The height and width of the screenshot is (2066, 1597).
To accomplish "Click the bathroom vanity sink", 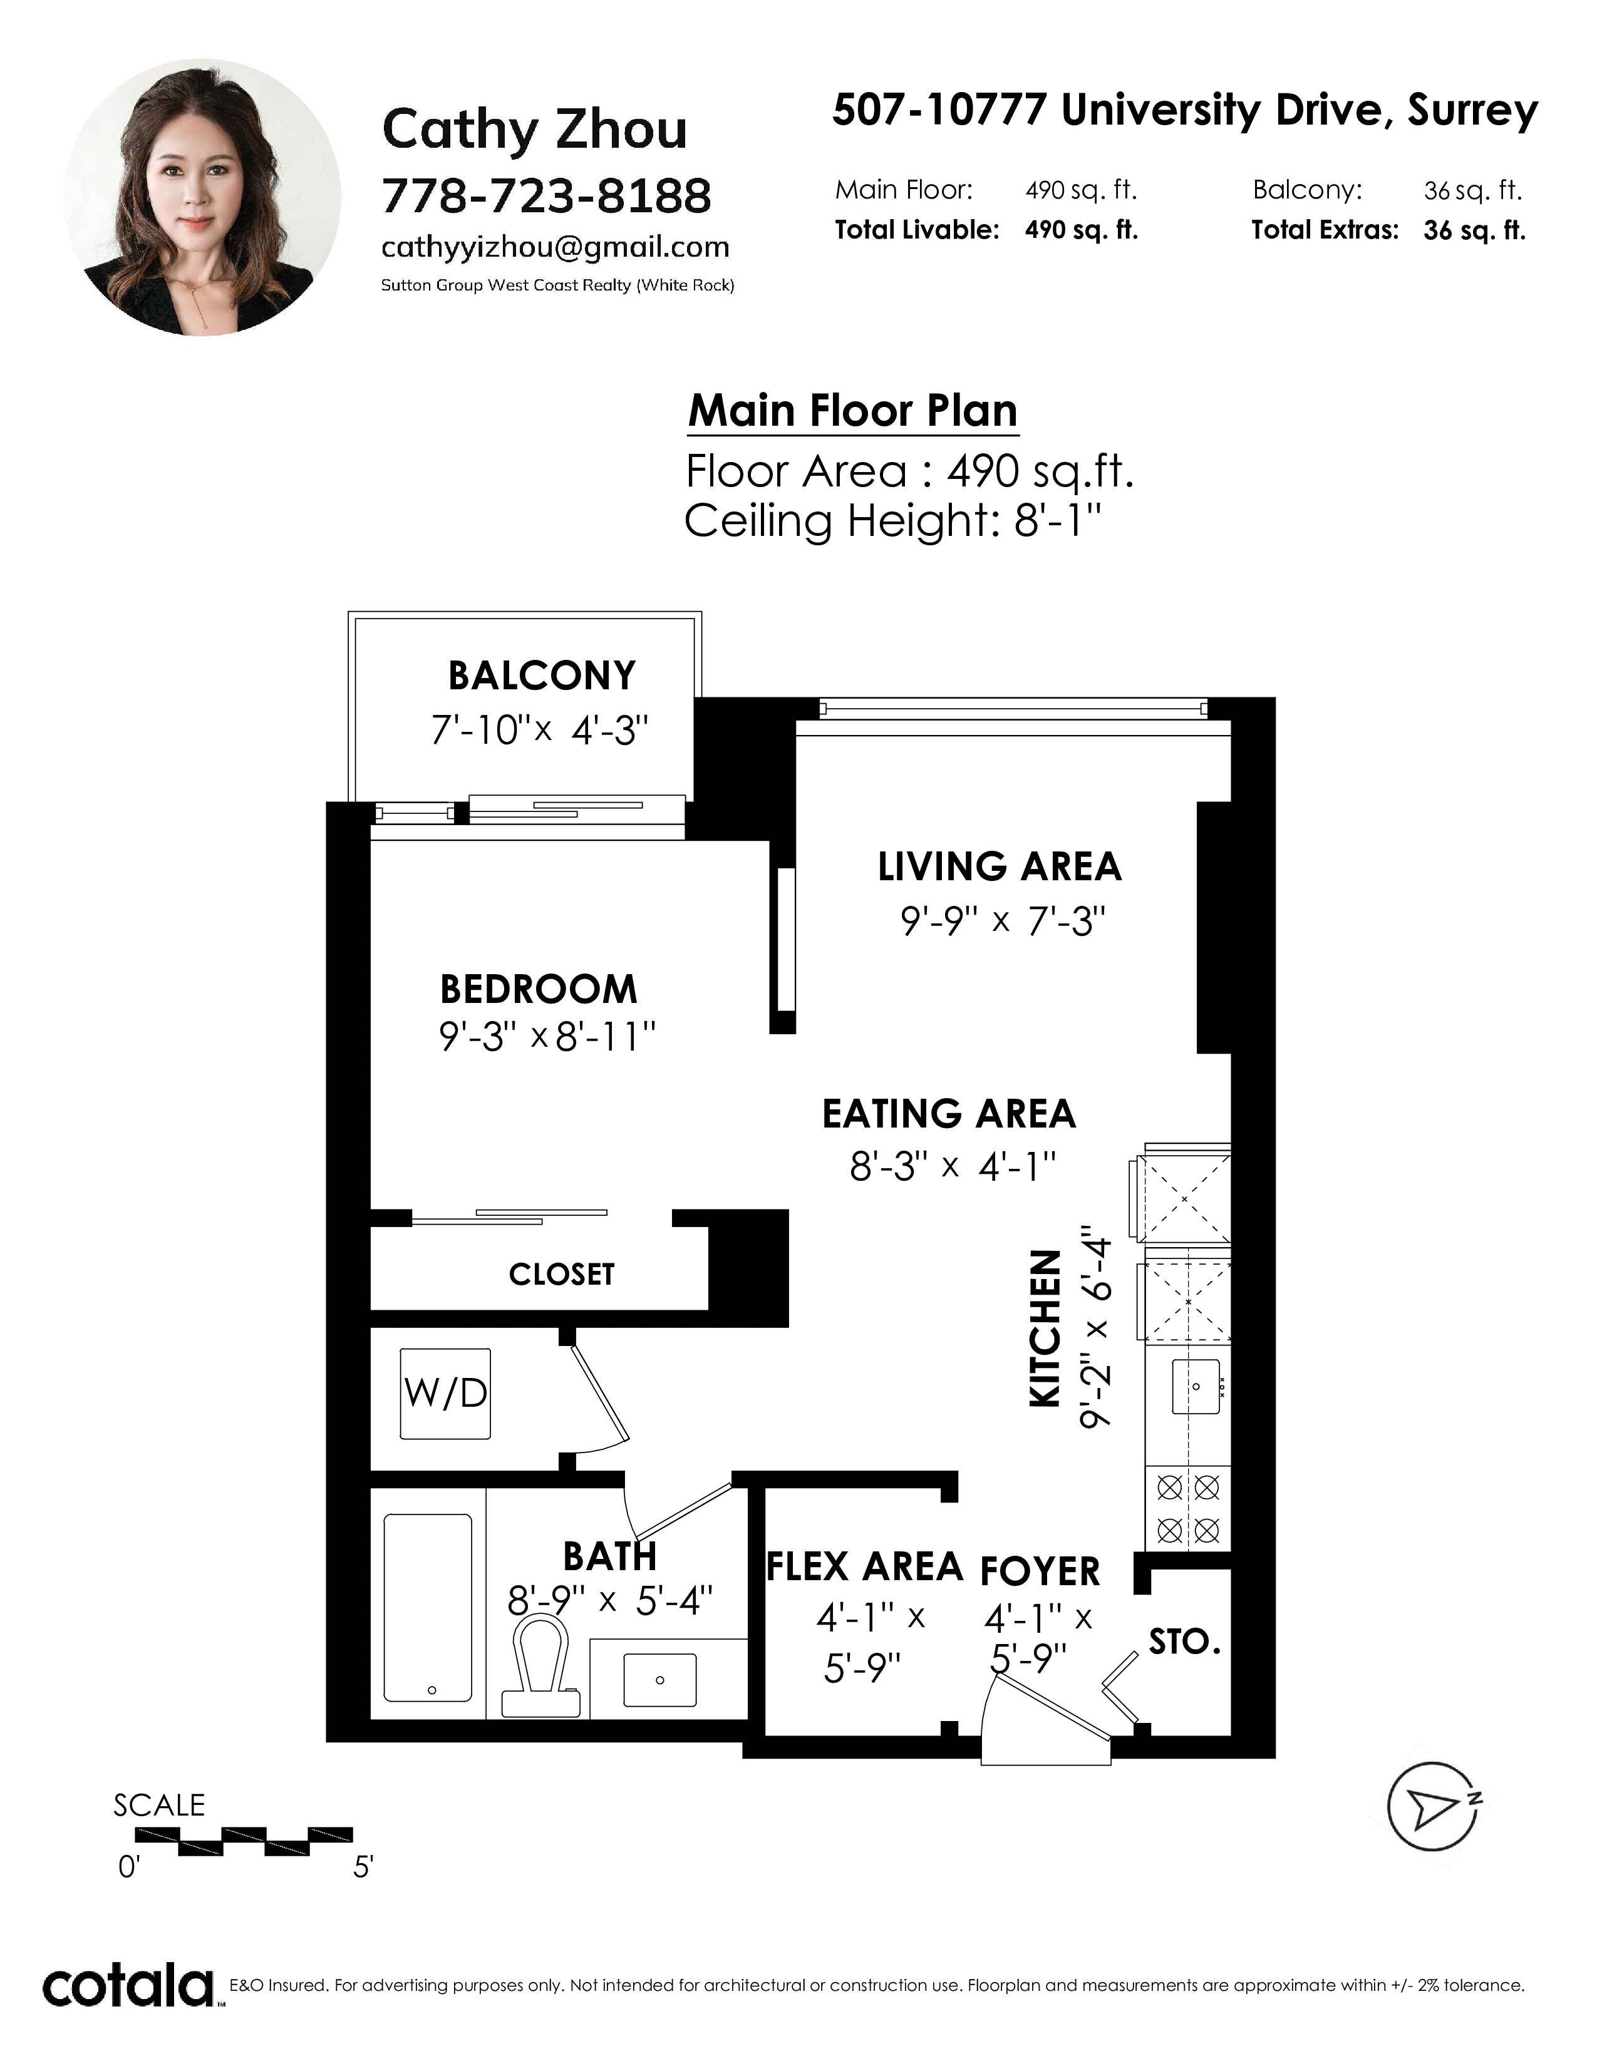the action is pos(659,1680).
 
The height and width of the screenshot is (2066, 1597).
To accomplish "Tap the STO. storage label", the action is pos(1184,1642).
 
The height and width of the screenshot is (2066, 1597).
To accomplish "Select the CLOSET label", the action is pos(562,1274).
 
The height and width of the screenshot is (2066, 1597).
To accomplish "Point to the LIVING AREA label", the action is pos(999,866).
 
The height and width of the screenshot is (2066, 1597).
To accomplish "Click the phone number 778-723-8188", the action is pos(546,196).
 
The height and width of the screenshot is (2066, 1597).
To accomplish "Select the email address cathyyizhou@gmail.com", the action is pos(556,248).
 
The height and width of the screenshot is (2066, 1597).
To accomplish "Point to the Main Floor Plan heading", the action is pos(852,411).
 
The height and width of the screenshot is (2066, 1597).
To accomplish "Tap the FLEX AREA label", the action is pos(864,1566).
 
